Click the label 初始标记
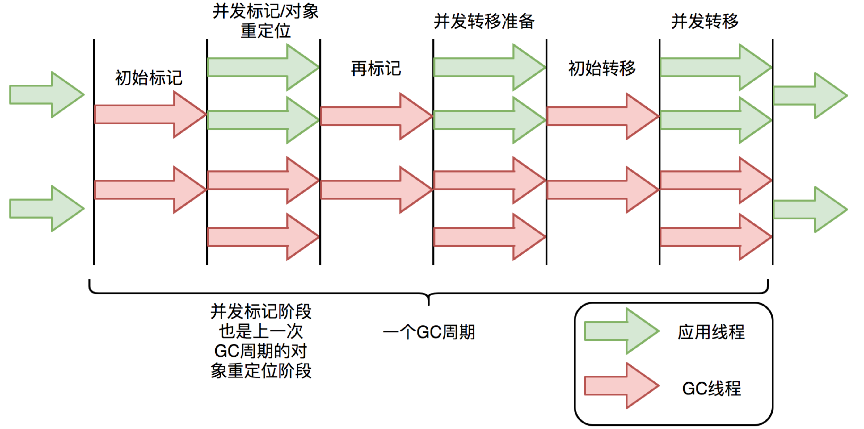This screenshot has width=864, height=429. click(149, 78)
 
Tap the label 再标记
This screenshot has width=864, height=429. click(376, 69)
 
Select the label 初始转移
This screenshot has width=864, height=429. click(602, 69)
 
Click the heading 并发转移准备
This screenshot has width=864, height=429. click(484, 22)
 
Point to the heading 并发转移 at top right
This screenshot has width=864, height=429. click(705, 22)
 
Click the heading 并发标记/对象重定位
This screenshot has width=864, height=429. click(265, 21)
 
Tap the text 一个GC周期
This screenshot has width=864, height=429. click(429, 332)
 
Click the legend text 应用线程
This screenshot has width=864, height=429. click(711, 332)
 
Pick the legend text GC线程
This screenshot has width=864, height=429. click(711, 389)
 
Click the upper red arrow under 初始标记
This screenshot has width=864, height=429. click(150, 115)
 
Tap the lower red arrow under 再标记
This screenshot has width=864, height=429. click(376, 190)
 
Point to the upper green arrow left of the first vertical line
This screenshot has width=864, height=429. click(46, 94)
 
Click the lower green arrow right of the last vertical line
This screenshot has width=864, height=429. click(810, 210)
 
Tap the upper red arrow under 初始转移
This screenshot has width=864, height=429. click(602, 116)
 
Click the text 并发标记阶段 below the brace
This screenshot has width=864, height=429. click(261, 311)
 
